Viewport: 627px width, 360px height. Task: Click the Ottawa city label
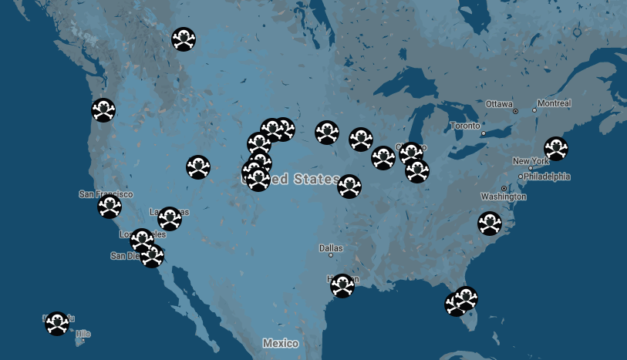click(x=499, y=103)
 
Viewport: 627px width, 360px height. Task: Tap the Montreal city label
click(x=554, y=103)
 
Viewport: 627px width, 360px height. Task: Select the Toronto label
click(x=464, y=125)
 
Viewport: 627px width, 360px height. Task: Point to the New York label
click(x=530, y=161)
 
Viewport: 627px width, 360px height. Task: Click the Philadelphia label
click(x=547, y=177)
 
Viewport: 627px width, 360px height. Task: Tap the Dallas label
click(x=331, y=248)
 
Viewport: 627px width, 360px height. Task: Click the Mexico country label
click(x=280, y=342)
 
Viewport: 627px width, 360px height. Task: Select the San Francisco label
click(x=106, y=194)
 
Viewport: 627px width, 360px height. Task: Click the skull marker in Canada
click(x=183, y=39)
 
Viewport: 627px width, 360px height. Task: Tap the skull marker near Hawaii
click(x=56, y=324)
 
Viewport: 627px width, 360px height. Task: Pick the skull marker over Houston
click(x=342, y=286)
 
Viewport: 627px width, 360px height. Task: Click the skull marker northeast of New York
click(x=555, y=149)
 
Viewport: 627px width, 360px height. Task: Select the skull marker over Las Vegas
click(x=169, y=219)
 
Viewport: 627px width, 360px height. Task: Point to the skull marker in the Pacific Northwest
click(x=104, y=111)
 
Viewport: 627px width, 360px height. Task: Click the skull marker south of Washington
click(x=489, y=224)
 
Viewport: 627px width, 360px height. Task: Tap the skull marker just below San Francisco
click(x=110, y=207)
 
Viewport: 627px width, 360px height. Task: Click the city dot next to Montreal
click(x=534, y=110)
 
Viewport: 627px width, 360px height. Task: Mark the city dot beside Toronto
click(x=484, y=133)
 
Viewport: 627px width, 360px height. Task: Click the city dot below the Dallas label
click(x=331, y=255)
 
